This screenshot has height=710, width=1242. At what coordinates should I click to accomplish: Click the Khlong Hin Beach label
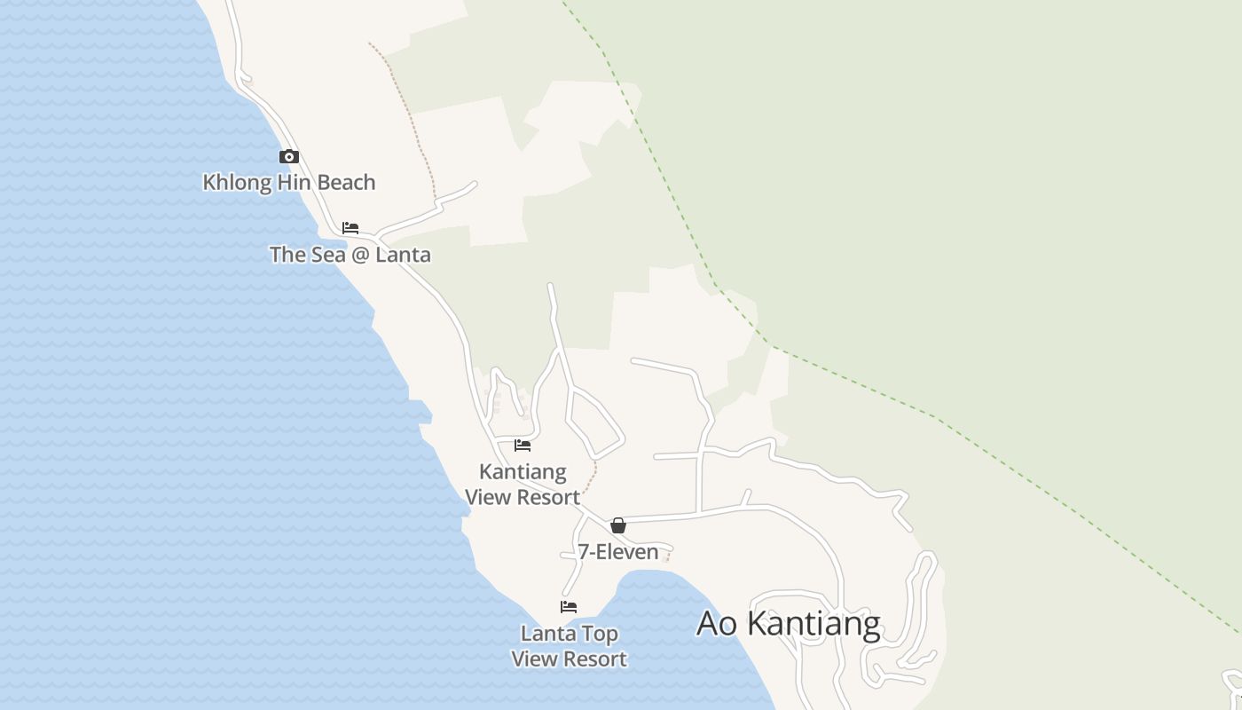pos(289,183)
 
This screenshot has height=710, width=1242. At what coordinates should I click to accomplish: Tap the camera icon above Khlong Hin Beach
pos(289,157)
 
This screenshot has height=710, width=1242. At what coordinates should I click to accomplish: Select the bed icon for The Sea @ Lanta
pos(350,228)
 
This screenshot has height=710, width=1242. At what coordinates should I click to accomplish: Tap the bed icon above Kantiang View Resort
pos(523,446)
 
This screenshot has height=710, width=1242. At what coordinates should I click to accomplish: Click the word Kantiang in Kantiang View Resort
pos(523,471)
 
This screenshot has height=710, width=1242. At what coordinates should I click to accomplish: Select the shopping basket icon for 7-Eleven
pos(618,525)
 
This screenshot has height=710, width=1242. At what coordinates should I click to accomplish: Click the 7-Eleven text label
pos(618,552)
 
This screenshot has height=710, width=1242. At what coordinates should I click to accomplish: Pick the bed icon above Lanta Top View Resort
pos(569,607)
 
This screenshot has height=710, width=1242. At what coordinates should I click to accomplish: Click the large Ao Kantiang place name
pos(788,623)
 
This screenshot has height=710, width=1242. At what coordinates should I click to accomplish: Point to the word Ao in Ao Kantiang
pos(718,623)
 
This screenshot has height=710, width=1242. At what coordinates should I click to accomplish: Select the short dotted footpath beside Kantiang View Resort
pos(592,477)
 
